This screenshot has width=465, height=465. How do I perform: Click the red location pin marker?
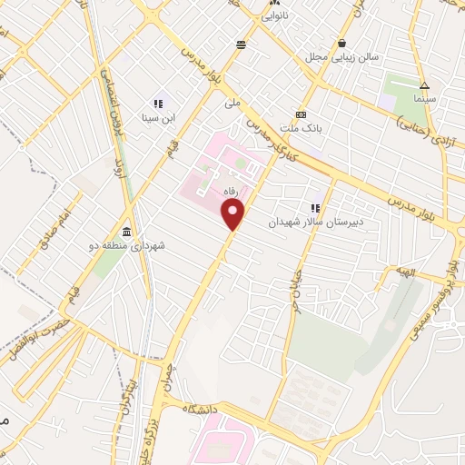[x=234, y=215]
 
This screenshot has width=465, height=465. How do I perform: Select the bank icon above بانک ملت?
[x=301, y=114]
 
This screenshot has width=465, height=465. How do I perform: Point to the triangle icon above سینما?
[x=424, y=85]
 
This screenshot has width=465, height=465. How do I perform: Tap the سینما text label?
[x=424, y=97]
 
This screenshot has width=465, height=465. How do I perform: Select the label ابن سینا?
[x=156, y=117]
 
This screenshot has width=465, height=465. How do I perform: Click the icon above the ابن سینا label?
[x=157, y=104]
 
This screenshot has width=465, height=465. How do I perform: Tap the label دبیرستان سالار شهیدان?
[x=315, y=221]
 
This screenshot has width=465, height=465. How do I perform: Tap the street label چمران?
[x=167, y=375]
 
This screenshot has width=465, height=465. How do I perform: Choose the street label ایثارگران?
[x=128, y=391]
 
